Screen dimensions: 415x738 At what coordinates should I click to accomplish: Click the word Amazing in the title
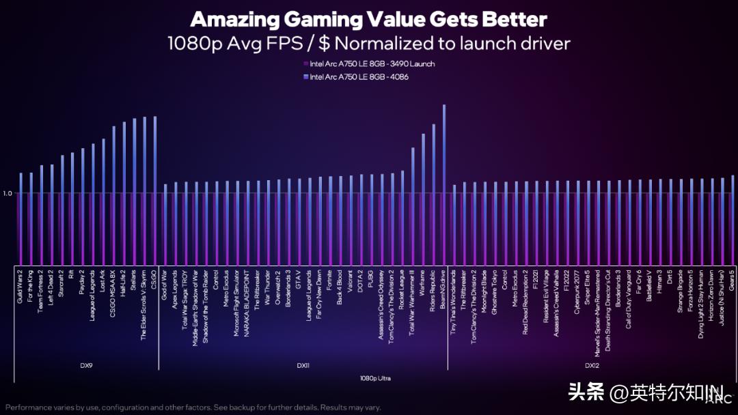pos(245,18)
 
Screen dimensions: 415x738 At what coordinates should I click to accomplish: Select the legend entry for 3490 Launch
pos(372,63)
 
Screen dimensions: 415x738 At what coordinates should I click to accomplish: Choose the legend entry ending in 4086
pos(359,77)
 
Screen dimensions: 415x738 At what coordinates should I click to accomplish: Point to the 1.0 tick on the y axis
pos(8,193)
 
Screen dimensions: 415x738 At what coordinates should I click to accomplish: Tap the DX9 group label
pos(86,365)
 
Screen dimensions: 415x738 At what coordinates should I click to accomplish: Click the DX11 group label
pos(303,366)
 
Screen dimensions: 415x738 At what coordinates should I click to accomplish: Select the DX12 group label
pos(592,366)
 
